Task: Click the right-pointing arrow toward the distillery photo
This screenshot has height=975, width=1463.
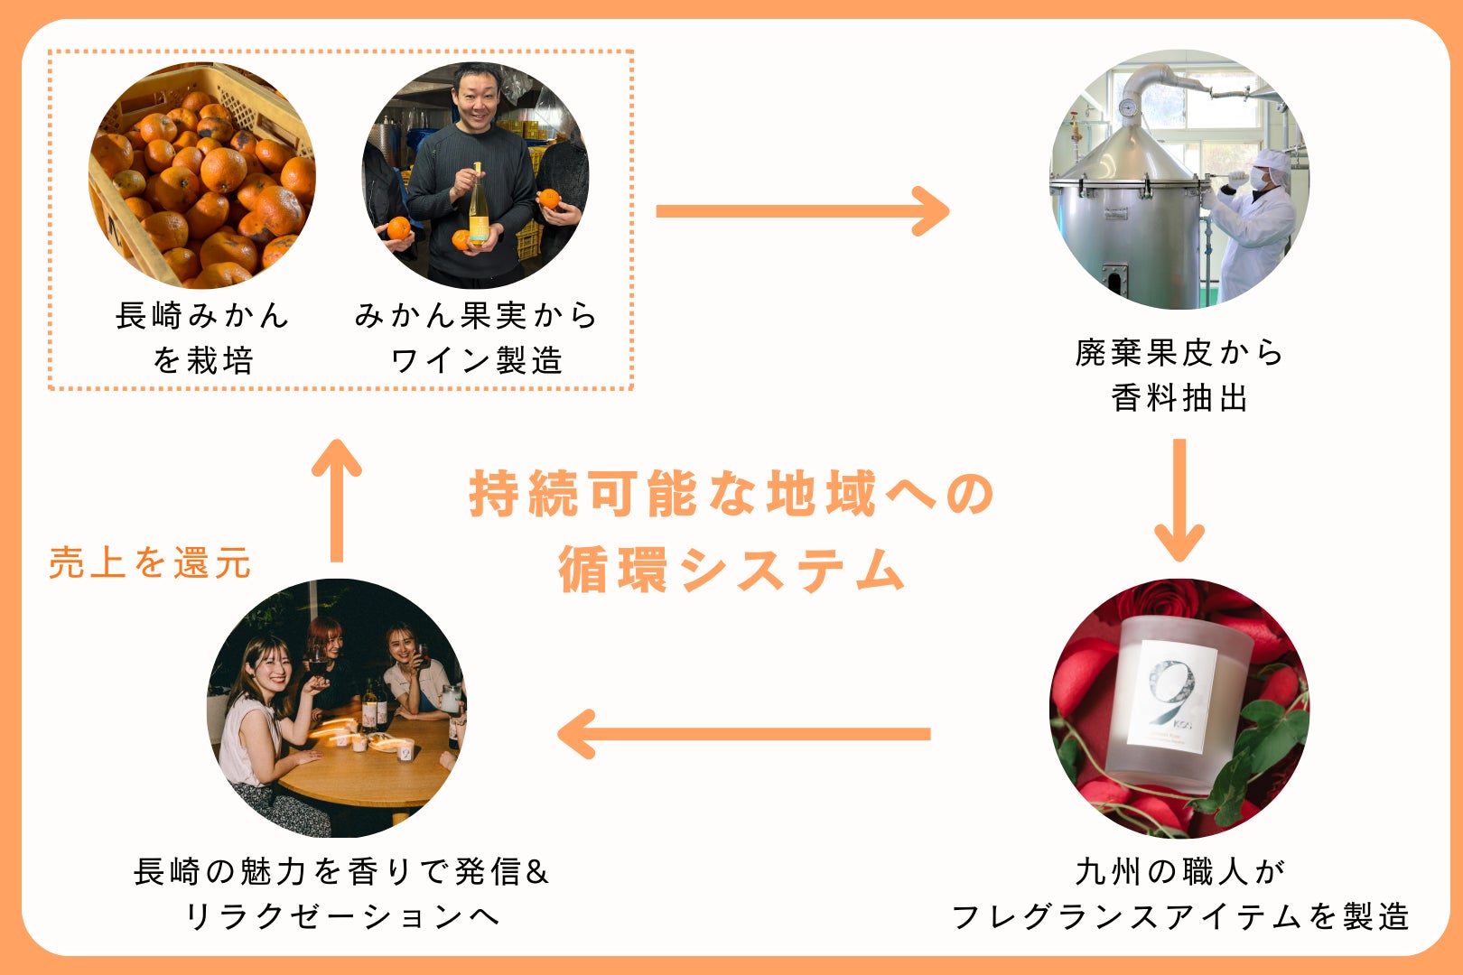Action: tap(802, 211)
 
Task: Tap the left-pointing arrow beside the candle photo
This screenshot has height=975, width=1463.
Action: tap(744, 733)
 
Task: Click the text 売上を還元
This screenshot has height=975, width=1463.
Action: tap(150, 562)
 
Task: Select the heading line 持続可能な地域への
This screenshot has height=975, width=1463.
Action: tap(731, 494)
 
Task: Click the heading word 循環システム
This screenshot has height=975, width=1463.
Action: tap(731, 570)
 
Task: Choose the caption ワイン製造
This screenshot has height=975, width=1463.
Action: tap(476, 361)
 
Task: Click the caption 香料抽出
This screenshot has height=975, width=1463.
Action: tap(1179, 397)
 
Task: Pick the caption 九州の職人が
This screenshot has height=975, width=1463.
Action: tap(1179, 871)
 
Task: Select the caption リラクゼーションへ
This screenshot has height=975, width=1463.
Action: tap(341, 917)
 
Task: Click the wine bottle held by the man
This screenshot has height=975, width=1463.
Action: tap(477, 208)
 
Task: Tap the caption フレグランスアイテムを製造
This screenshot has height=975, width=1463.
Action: tap(1179, 917)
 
